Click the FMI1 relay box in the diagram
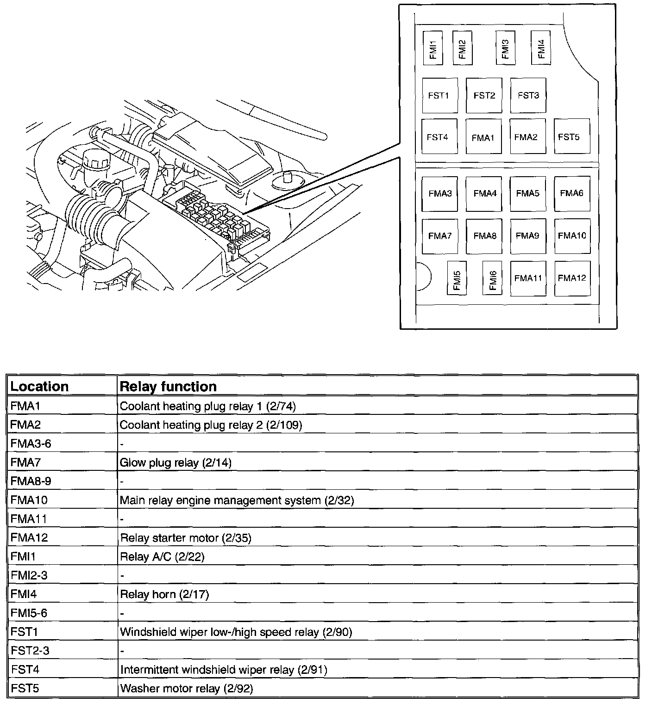(x=433, y=48)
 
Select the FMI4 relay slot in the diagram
(x=540, y=48)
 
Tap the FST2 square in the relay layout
(x=484, y=95)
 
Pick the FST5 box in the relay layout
(x=571, y=136)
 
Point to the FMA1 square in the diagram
(x=483, y=137)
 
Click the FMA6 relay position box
(x=572, y=193)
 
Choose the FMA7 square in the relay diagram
(x=440, y=236)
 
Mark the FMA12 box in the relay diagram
(x=572, y=278)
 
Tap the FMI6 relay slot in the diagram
(x=492, y=278)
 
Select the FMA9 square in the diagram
(x=528, y=236)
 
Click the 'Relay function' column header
(x=168, y=386)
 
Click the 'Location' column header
(x=39, y=386)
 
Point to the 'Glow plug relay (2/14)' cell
(x=176, y=462)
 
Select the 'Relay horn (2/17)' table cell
(x=164, y=594)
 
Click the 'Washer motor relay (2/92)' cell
(x=186, y=688)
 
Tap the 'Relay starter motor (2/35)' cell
(x=185, y=538)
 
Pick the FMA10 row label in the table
(x=29, y=500)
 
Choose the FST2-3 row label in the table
(x=30, y=650)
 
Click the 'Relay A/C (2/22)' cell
(x=162, y=556)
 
